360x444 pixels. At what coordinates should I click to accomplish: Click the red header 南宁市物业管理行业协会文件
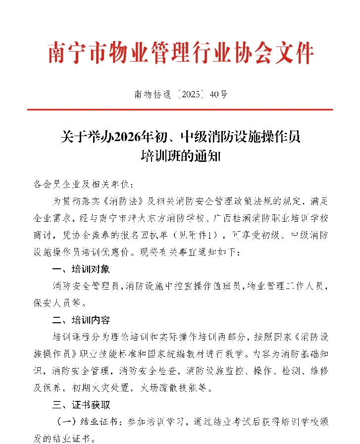(x=181, y=53)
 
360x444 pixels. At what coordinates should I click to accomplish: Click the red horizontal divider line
(x=180, y=110)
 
